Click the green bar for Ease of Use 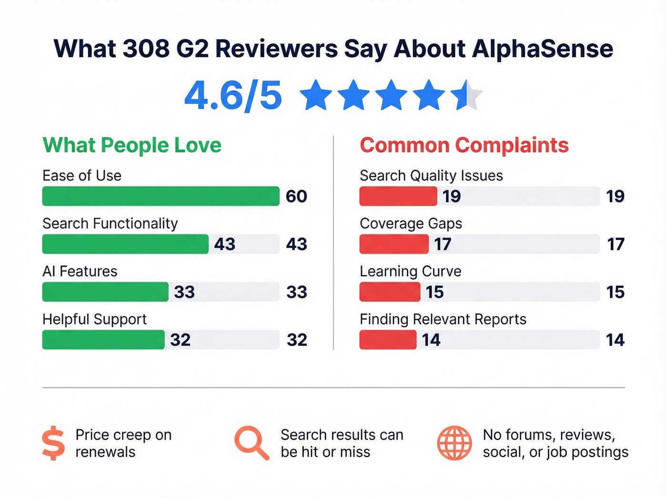[x=161, y=196]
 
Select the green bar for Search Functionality [x=125, y=244]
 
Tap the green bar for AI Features [x=105, y=292]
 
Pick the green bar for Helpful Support [x=103, y=340]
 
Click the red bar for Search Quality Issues [x=398, y=196]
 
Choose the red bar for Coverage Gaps [x=394, y=244]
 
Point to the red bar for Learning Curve [x=390, y=292]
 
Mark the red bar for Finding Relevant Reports [x=388, y=340]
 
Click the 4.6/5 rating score [x=233, y=96]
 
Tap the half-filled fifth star [x=467, y=95]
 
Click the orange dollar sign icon [x=53, y=443]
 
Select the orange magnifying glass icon [x=252, y=443]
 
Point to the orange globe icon [x=455, y=443]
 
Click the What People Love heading [x=132, y=145]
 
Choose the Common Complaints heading [x=464, y=145]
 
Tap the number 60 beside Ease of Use [x=296, y=196]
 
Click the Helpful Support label [x=94, y=319]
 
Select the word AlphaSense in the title [x=542, y=49]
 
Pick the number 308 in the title [x=146, y=49]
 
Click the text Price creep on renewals [x=123, y=443]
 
